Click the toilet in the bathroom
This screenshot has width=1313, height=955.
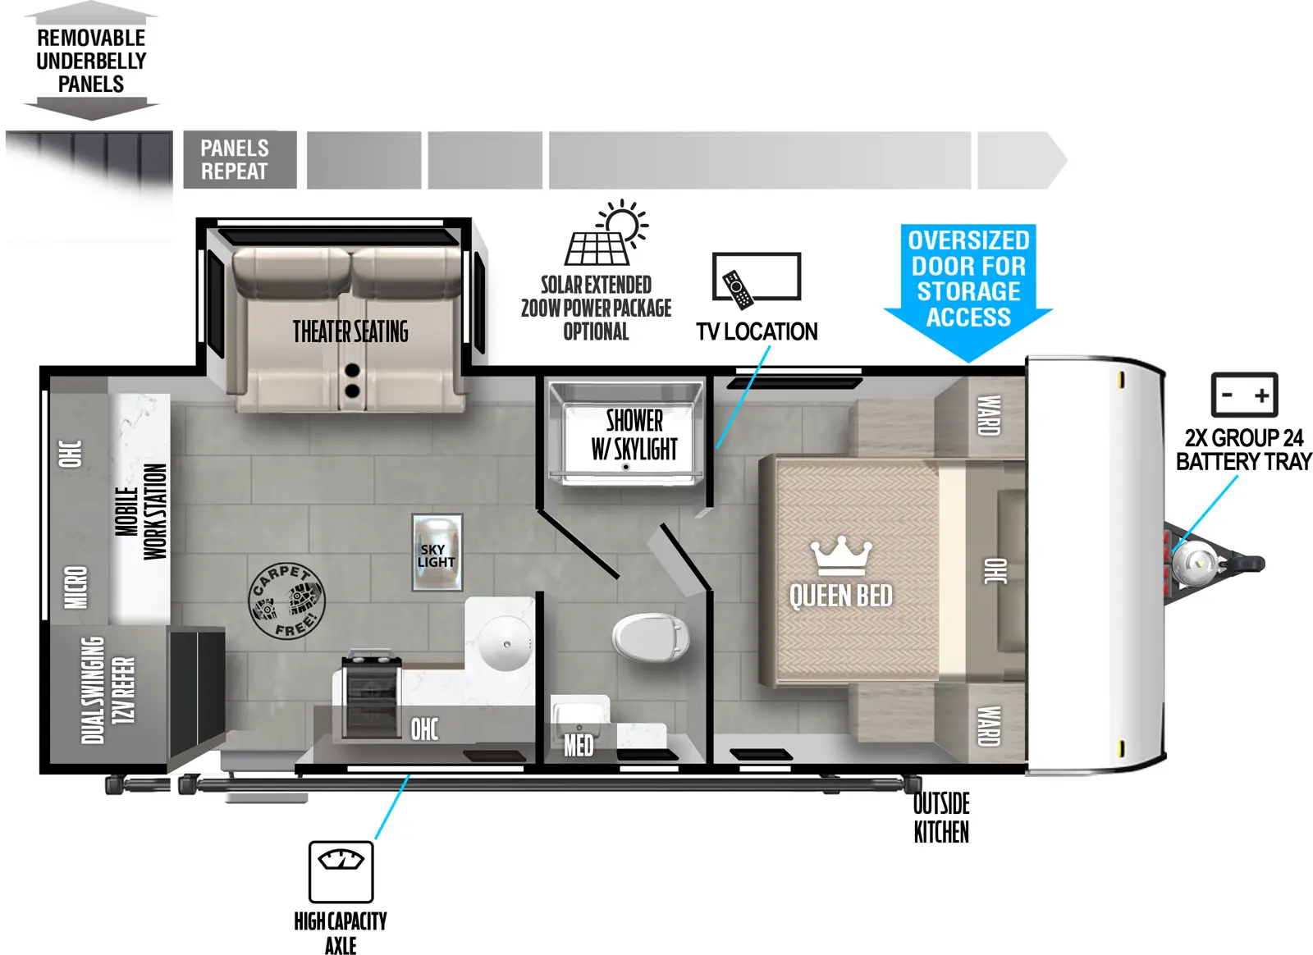coord(650,637)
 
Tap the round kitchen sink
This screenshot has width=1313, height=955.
coord(506,644)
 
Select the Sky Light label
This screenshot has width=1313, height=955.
coord(436,555)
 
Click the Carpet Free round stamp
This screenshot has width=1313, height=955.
coord(286,601)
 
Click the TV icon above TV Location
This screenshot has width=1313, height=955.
coord(756,277)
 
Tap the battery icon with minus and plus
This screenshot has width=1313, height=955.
coord(1244,395)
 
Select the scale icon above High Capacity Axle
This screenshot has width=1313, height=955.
coord(341,870)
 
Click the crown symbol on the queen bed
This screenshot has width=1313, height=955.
coord(839,557)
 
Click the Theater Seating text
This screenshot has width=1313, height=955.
coord(350,331)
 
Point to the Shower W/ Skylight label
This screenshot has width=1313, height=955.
coord(634,435)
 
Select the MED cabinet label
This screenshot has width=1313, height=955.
coord(578,744)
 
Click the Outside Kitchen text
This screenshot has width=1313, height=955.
coord(941,817)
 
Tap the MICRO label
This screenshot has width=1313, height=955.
coord(75,587)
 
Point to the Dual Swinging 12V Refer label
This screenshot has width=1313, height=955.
coord(108,690)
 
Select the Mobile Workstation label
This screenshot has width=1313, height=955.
coord(140,511)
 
